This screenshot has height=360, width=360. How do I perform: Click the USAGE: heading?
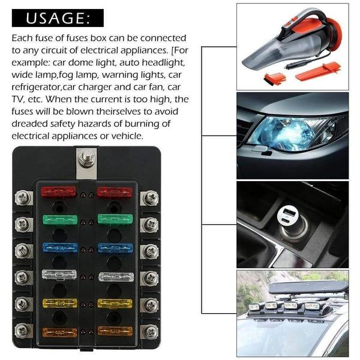[x=58, y=19]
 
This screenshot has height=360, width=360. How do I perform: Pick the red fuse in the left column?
[x=58, y=193]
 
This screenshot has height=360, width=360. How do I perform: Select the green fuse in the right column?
[x=115, y=220]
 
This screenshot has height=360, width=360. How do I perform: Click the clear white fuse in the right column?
[x=115, y=277]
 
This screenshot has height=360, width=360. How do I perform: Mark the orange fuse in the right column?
[x=115, y=331]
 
